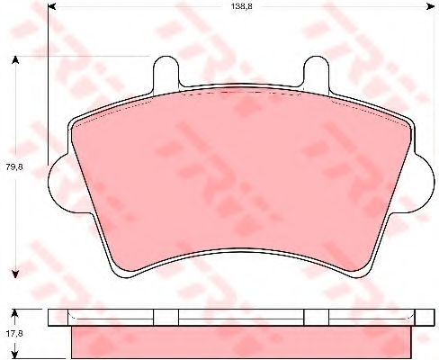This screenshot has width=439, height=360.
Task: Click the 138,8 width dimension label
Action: [241, 6]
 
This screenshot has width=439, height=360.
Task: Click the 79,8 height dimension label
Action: [14, 166]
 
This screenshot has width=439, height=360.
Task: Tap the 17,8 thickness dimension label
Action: [14, 333]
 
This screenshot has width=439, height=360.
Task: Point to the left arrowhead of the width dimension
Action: [52, 6]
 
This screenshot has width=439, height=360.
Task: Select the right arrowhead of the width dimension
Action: [431, 6]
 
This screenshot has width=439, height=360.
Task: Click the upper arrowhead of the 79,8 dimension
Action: [15, 60]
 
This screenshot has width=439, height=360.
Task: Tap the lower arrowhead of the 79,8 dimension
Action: [15, 274]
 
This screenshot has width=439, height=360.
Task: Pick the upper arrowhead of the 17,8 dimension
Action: [15, 313]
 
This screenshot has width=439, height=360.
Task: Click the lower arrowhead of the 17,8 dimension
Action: [15, 354]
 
